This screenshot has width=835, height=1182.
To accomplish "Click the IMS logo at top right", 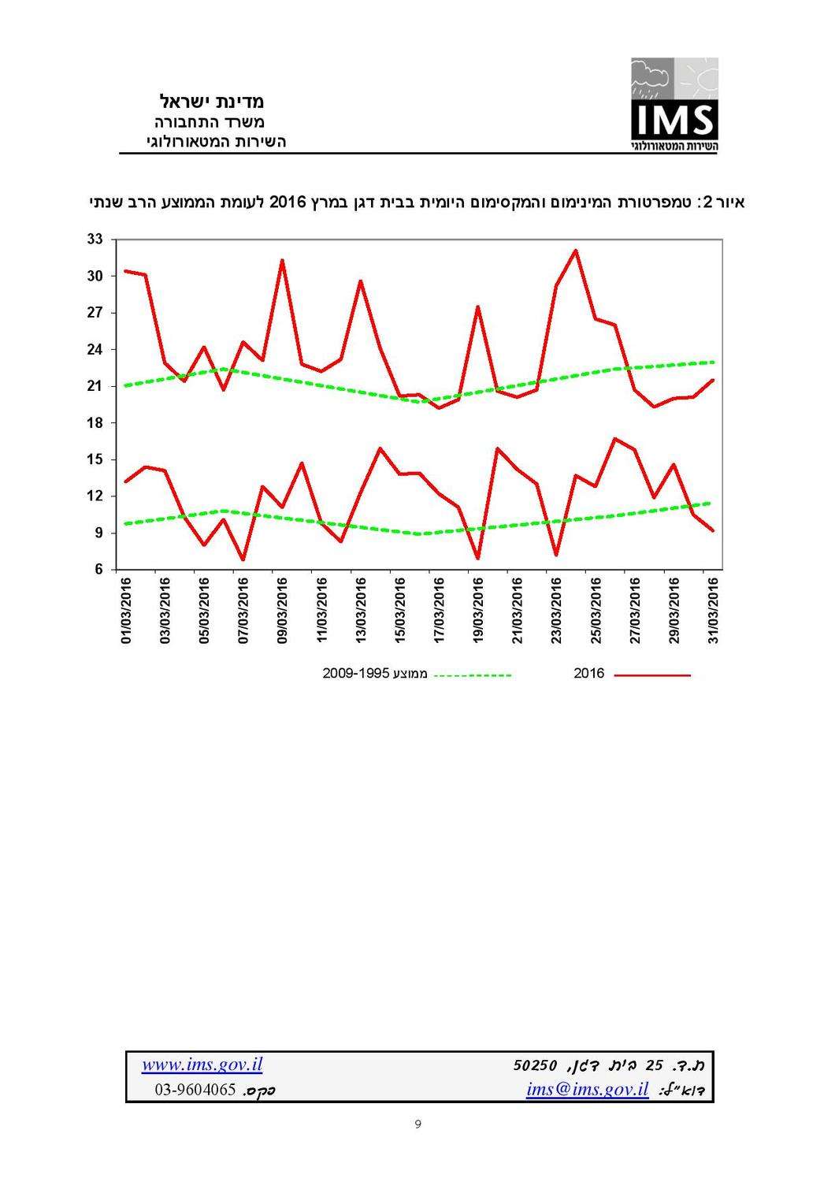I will [x=674, y=104].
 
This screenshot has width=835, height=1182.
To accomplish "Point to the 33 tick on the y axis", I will [x=95, y=239].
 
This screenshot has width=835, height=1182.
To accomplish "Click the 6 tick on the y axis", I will [x=98, y=569].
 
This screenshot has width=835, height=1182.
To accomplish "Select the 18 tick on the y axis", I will [x=95, y=423].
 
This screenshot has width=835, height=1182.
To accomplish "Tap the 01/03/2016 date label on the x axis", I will [x=126, y=611].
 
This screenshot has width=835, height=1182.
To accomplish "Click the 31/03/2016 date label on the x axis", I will [x=713, y=611].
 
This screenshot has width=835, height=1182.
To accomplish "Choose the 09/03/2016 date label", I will [x=283, y=611].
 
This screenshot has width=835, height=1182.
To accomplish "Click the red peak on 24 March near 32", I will [x=576, y=251].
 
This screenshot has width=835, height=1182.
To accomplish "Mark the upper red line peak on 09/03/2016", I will [x=282, y=260].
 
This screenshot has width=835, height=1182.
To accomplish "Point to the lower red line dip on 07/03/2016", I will [x=243, y=559].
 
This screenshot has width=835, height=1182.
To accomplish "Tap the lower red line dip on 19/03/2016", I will [x=477, y=558].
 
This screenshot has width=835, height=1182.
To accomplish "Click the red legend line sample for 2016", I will [x=651, y=675].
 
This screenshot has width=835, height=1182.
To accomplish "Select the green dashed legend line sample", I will [x=472, y=675].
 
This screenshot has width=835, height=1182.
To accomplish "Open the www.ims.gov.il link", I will [x=202, y=1065].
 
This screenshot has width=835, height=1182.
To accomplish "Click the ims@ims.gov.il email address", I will [x=586, y=1090].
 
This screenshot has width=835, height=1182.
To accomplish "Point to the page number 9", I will [x=417, y=1124].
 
